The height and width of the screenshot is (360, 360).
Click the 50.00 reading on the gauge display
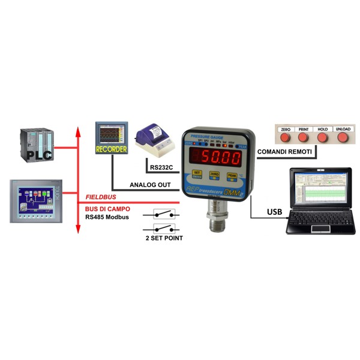pyautogui.click(x=221, y=158)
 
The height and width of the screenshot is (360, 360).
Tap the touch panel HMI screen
pyautogui.click(x=34, y=200)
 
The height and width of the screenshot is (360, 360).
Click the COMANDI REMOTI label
pyautogui.click(x=284, y=153)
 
